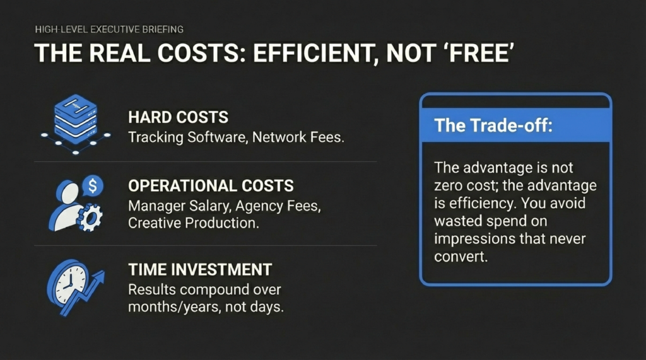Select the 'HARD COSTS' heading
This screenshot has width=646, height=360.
[177, 118]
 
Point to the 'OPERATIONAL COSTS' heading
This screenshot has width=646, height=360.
[211, 186]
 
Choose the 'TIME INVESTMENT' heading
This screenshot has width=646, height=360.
[199, 270]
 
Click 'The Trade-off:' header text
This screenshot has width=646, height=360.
[493, 125]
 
